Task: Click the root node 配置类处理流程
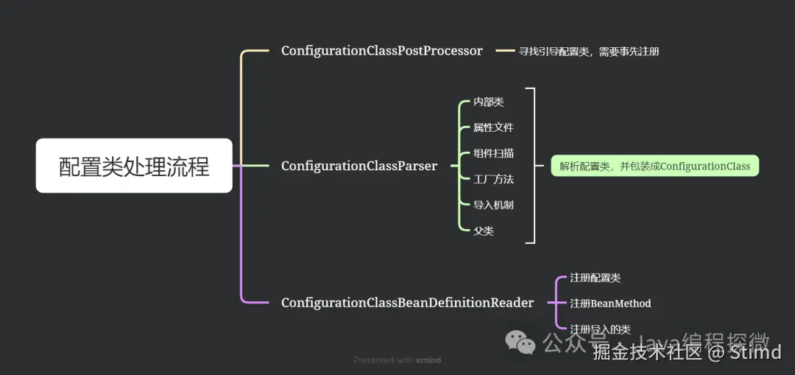click(134, 166)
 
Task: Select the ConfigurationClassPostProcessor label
click(381, 51)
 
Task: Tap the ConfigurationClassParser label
click(358, 166)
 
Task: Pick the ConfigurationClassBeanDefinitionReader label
click(407, 303)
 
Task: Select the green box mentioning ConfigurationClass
click(654, 166)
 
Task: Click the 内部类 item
click(488, 102)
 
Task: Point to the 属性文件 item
click(493, 127)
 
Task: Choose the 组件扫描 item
click(493, 153)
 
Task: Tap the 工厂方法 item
click(493, 179)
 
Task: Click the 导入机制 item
click(493, 205)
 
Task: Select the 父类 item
click(483, 231)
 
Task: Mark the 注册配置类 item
click(595, 278)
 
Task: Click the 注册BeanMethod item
click(610, 304)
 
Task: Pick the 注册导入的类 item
click(600, 329)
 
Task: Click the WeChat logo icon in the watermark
click(520, 342)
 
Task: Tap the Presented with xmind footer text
click(397, 360)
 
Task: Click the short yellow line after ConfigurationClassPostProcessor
click(505, 51)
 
